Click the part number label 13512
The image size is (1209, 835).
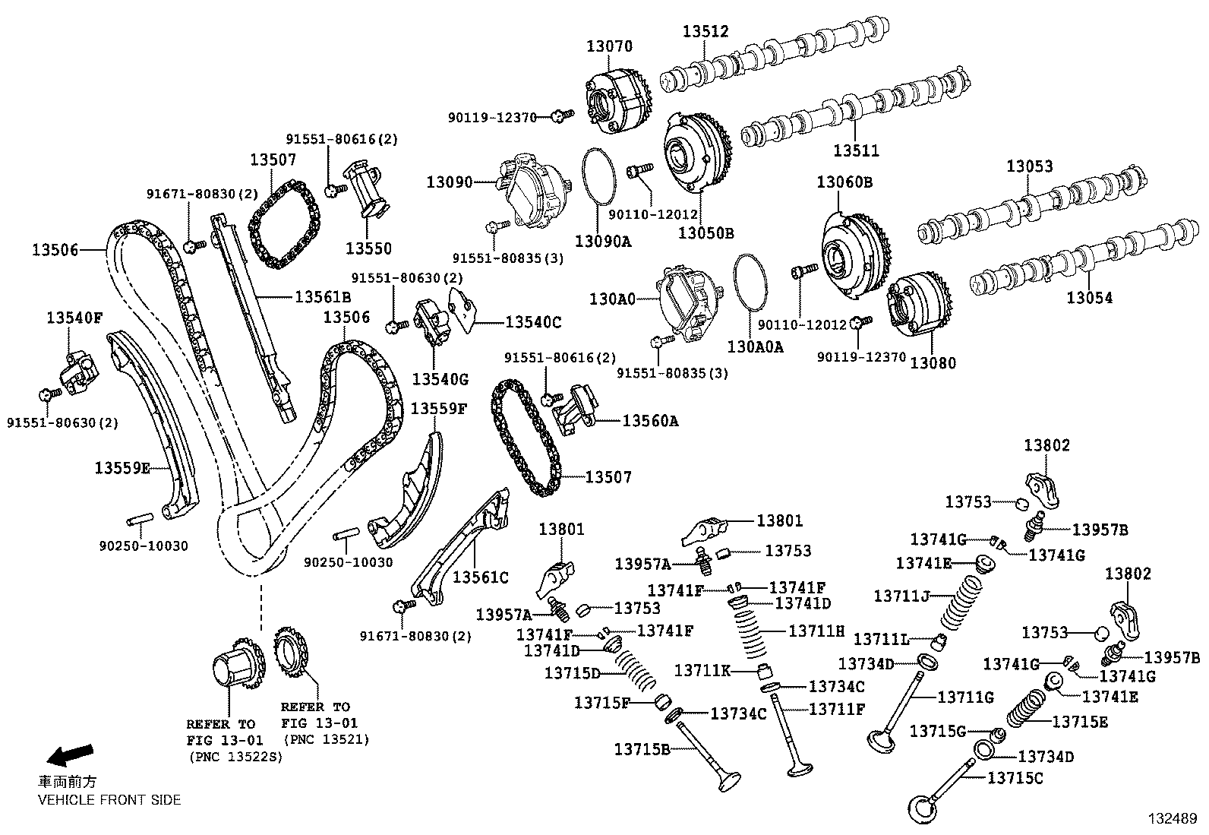(705, 31)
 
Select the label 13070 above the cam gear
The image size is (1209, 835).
(608, 46)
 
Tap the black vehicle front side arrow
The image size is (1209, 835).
(70, 754)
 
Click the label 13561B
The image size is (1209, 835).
(323, 297)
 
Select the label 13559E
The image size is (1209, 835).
(122, 468)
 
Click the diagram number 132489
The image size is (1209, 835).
(1172, 819)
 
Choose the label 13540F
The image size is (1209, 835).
(74, 318)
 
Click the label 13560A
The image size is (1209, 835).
(650, 421)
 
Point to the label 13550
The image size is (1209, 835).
(368, 248)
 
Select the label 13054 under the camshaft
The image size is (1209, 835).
(1089, 298)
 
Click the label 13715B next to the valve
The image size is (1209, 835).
(642, 750)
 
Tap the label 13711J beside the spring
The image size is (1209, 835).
(901, 596)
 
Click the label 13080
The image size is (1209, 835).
(933, 362)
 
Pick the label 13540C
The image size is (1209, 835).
(532, 322)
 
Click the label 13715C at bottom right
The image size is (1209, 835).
(1015, 778)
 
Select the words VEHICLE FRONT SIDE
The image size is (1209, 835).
(109, 799)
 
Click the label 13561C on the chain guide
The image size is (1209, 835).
(480, 577)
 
